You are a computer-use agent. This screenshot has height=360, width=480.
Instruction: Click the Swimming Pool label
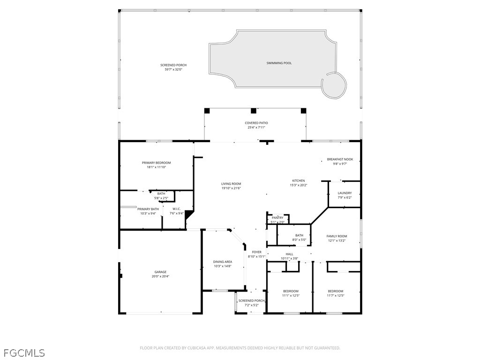279,63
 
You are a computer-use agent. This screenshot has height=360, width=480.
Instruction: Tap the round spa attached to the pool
334,85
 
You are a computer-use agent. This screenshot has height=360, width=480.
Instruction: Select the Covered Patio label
256,123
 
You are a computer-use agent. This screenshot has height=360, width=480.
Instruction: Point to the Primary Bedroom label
156,163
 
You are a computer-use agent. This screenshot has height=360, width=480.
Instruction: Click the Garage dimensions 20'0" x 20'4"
160,277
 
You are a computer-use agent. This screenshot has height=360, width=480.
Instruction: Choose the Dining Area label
223,262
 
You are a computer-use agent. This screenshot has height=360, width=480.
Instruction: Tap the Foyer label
256,252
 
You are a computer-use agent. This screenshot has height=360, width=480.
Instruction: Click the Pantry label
277,217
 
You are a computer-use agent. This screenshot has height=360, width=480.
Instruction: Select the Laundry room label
345,193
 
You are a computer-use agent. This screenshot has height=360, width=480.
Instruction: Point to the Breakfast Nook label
340,159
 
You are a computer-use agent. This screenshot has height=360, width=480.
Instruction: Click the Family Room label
337,236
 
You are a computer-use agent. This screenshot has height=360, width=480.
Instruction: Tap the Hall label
289,254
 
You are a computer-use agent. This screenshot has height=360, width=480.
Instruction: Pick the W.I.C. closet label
177,209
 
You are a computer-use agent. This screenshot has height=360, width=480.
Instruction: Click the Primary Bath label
148,209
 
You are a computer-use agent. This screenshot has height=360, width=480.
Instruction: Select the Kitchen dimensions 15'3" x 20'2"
299,185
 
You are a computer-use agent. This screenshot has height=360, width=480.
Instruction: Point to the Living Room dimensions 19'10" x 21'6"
231,188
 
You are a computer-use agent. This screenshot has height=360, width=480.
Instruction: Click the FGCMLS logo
24,352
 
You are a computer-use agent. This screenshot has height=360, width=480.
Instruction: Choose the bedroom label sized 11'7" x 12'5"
335,291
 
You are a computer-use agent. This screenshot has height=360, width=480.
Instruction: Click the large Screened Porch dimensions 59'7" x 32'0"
173,69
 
